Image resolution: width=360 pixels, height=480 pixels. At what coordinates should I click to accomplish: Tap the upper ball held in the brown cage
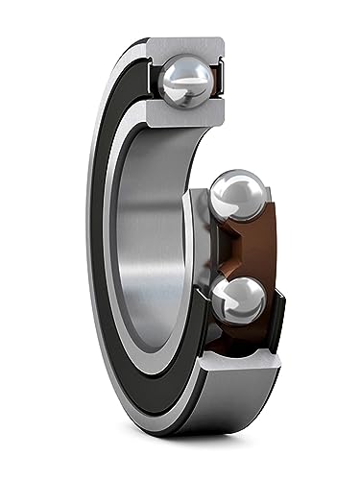click(x=236, y=197)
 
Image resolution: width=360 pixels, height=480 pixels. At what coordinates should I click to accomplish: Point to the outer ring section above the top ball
click(x=188, y=47)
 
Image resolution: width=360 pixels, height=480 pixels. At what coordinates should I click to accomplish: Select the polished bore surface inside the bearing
click(x=154, y=240)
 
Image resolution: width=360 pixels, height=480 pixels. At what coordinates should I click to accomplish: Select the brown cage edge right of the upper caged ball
click(x=272, y=206)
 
